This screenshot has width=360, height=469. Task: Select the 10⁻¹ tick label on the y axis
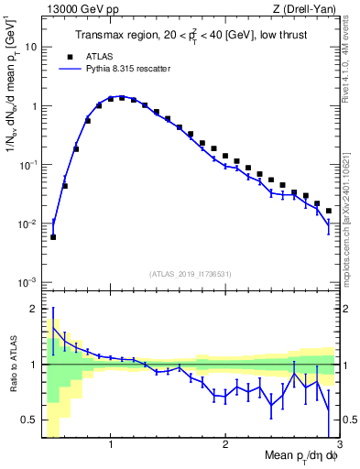point(29,165)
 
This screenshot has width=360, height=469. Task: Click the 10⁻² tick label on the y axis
point(29,224)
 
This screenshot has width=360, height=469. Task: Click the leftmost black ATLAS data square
point(53,237)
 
